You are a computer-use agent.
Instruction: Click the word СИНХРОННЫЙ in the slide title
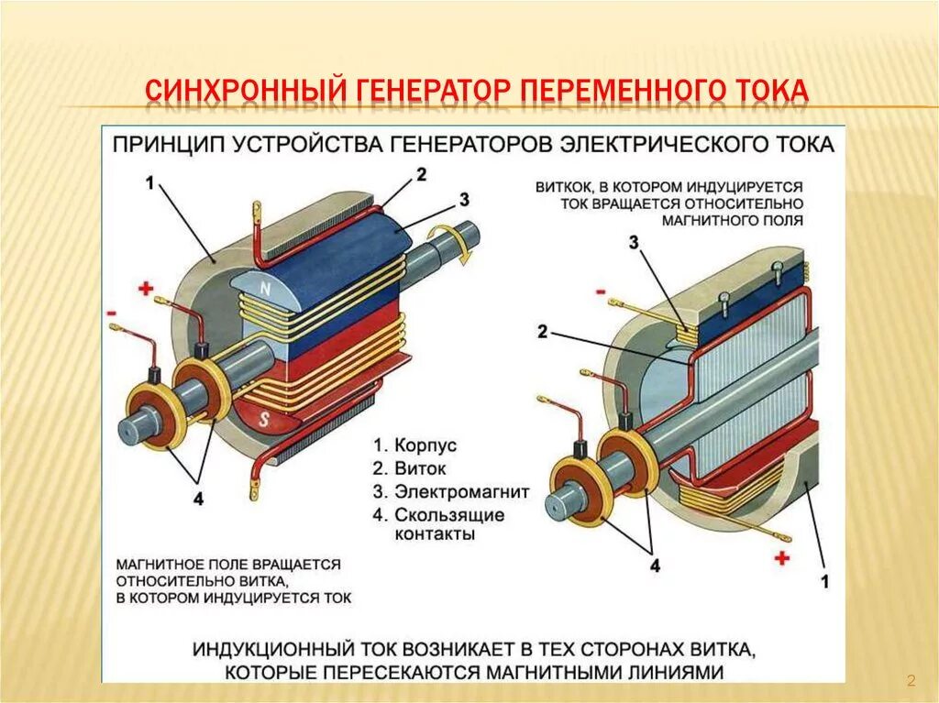[x=243, y=92]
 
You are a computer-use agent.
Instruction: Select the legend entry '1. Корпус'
[x=414, y=445]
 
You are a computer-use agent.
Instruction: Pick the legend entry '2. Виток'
[x=408, y=468]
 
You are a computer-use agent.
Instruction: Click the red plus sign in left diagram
[x=145, y=289]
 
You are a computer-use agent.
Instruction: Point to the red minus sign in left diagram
[x=112, y=313]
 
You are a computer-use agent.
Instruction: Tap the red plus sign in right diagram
[x=782, y=557]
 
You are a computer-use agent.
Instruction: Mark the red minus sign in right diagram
[x=601, y=291]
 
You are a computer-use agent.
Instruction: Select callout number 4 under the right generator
[x=654, y=566]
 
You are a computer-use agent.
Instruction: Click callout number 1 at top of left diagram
[x=150, y=182]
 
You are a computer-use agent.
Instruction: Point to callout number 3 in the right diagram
[x=634, y=242]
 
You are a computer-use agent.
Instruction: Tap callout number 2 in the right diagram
[x=543, y=332]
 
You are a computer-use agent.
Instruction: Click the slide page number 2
[x=911, y=680]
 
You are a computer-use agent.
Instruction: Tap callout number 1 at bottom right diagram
[x=824, y=580]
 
